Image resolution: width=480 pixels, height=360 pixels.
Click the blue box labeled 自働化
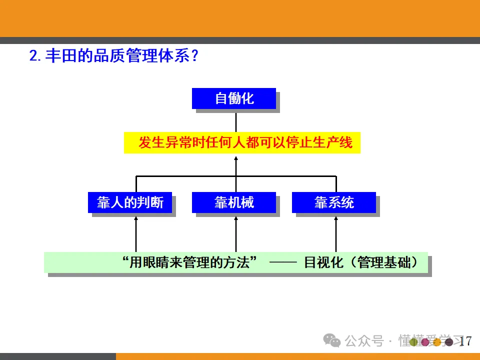234,98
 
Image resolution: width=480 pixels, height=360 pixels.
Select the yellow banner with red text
242,143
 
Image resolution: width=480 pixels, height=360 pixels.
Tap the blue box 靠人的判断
130,202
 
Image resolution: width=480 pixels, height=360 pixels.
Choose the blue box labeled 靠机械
234,202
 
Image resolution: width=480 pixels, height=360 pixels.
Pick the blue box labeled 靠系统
334,202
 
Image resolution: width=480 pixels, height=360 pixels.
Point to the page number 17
465,341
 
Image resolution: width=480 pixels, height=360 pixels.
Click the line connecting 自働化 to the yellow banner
236,120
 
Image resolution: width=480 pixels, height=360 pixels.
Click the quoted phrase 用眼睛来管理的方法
192,262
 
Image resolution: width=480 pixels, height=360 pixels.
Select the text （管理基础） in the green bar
387,262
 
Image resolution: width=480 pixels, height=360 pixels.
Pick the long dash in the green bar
283,262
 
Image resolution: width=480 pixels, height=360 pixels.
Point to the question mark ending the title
195,55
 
